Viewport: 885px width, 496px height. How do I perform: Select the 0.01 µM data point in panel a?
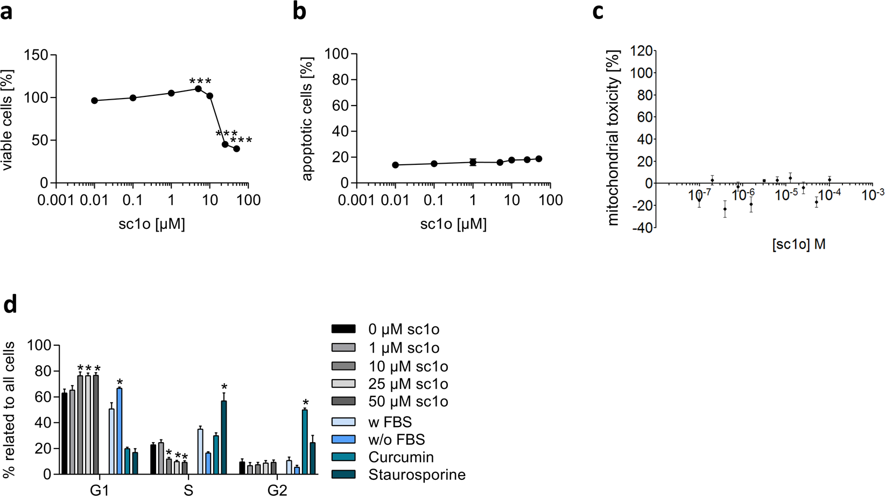point(95,101)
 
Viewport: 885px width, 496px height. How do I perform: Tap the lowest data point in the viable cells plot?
point(236,149)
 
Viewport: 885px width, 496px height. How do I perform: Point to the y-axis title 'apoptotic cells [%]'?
point(307,118)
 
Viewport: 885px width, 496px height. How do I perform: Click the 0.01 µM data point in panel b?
point(396,165)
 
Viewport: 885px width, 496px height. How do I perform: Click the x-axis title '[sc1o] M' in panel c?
point(799,244)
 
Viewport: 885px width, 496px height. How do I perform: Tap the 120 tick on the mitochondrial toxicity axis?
point(642,51)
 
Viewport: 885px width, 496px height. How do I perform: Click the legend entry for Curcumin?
point(401,457)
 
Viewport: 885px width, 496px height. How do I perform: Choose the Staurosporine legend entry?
point(417,475)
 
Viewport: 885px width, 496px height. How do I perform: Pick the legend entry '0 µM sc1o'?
point(404,329)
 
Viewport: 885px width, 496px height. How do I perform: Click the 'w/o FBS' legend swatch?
point(343,439)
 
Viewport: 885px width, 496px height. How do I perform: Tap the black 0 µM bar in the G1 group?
point(65,434)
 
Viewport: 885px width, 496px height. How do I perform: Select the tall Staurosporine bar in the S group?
point(223,437)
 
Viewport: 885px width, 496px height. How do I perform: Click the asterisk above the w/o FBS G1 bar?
point(120,382)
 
